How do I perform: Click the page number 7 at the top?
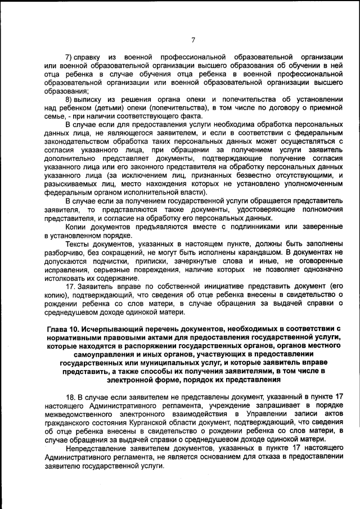pyautogui.click(x=192, y=39)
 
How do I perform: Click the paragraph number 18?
pyautogui.click(x=70, y=397)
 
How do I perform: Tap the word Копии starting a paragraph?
pyautogui.click(x=76, y=226)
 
